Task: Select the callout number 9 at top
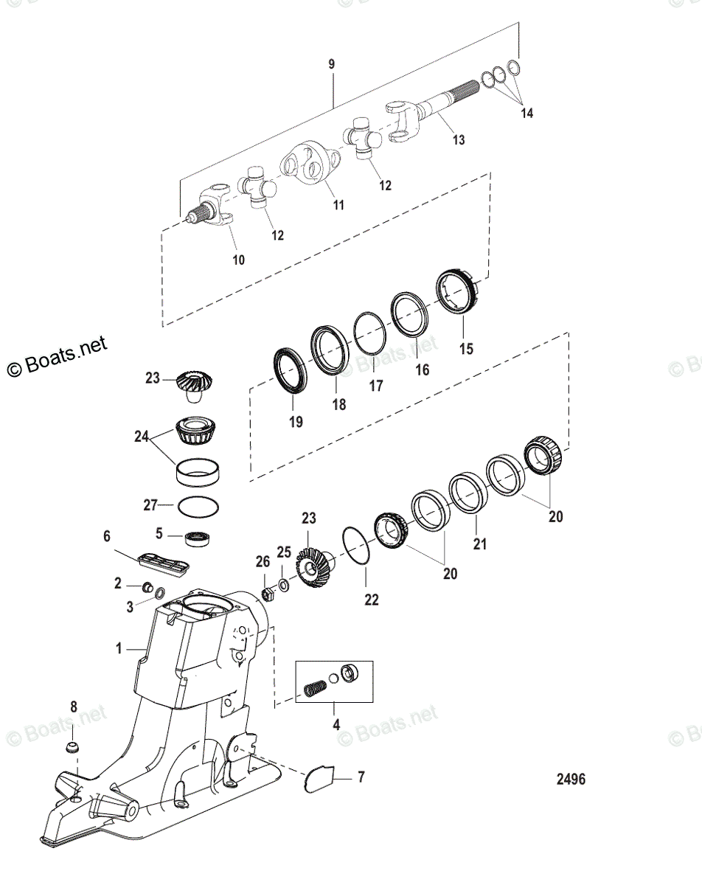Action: click(x=331, y=65)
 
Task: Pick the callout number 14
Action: click(x=526, y=114)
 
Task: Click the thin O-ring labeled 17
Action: click(x=370, y=331)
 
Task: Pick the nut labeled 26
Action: click(x=269, y=592)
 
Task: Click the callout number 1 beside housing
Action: click(x=119, y=649)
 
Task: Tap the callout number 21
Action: click(x=476, y=546)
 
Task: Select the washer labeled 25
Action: click(x=284, y=585)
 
